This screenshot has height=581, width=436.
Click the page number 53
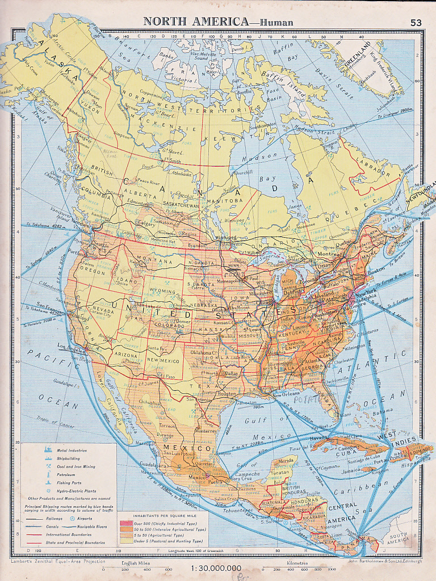416,22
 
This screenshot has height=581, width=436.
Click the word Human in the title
276,22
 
